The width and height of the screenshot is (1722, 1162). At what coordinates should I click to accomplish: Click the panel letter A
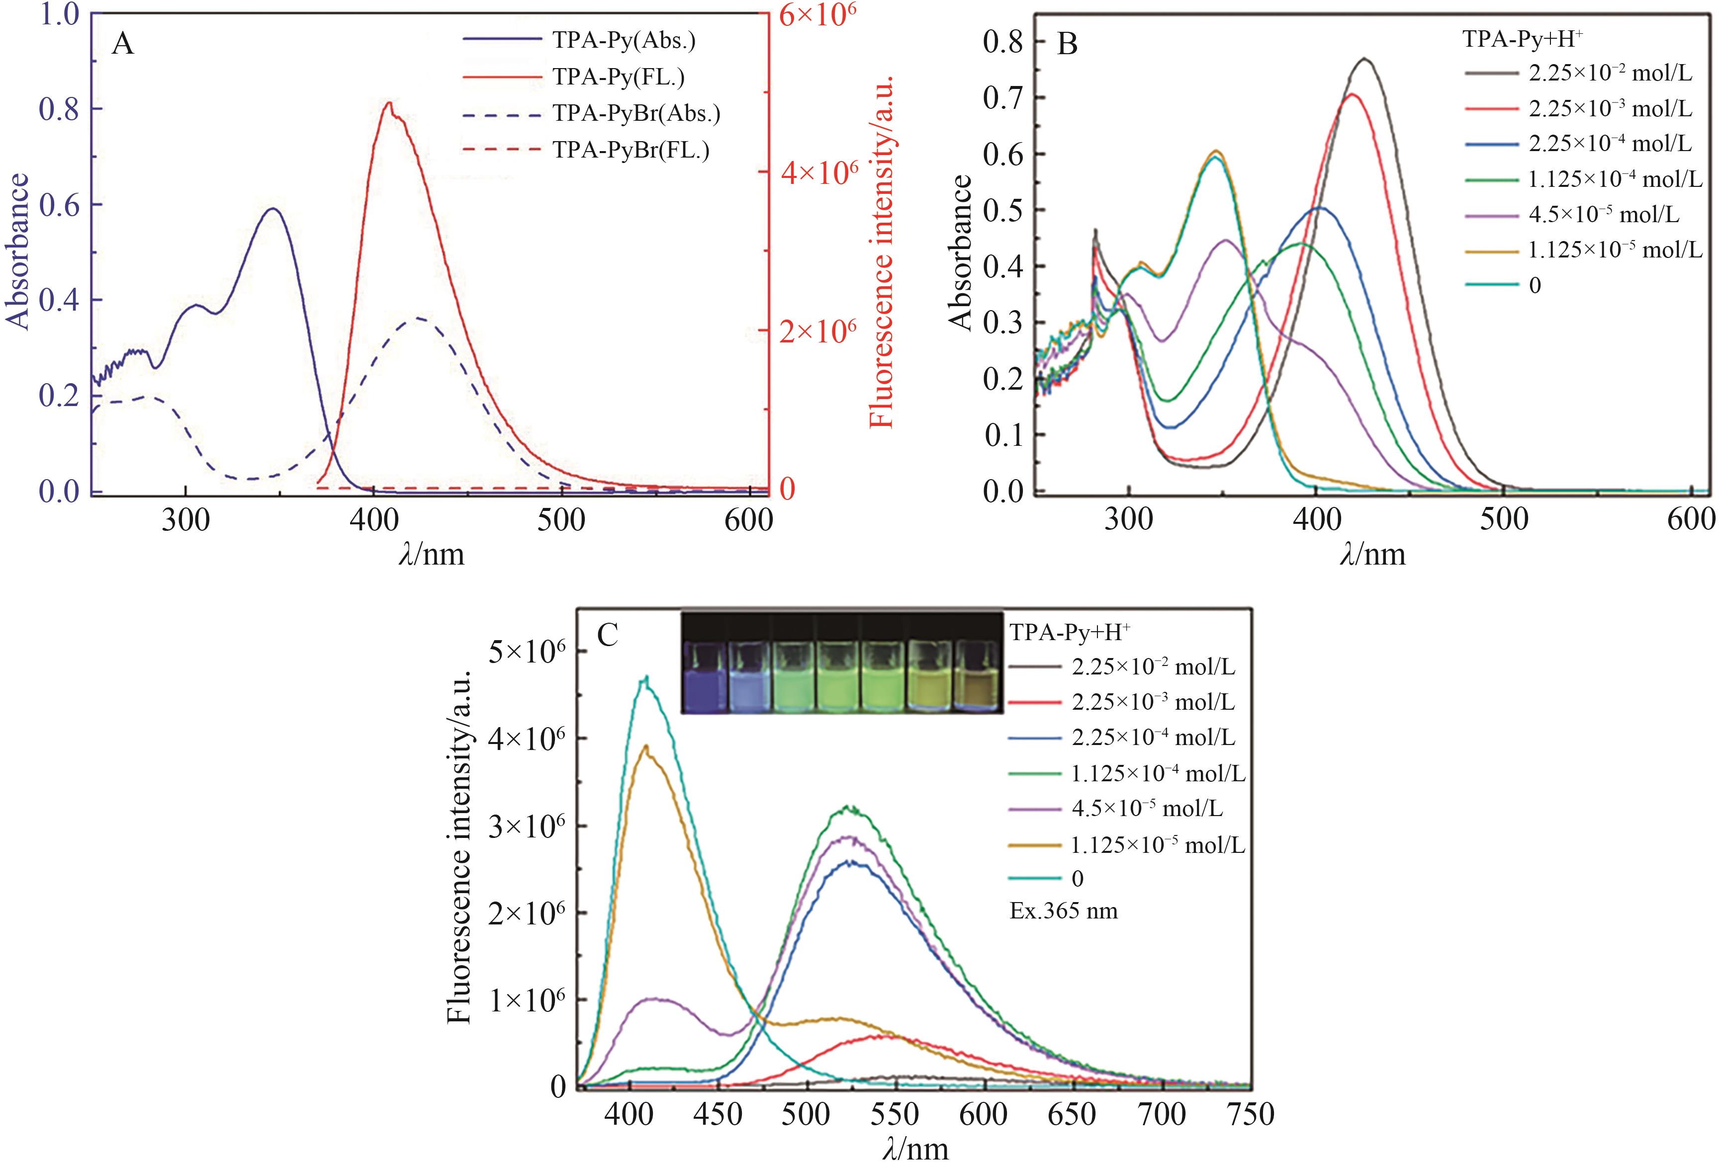tap(123, 45)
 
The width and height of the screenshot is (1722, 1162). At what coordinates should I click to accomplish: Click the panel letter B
tap(1067, 45)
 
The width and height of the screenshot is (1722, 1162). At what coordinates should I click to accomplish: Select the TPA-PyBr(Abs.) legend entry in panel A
tap(636, 113)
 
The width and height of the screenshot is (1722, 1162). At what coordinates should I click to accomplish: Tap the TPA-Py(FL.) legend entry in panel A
tap(618, 77)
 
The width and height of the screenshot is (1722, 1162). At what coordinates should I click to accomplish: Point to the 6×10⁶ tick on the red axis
tap(813, 15)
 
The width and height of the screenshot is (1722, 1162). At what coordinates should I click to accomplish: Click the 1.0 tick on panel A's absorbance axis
tap(59, 15)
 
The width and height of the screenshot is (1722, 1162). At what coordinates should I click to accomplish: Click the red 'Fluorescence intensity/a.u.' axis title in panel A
tap(882, 252)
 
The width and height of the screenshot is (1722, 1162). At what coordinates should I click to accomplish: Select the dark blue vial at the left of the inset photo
tap(704, 676)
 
